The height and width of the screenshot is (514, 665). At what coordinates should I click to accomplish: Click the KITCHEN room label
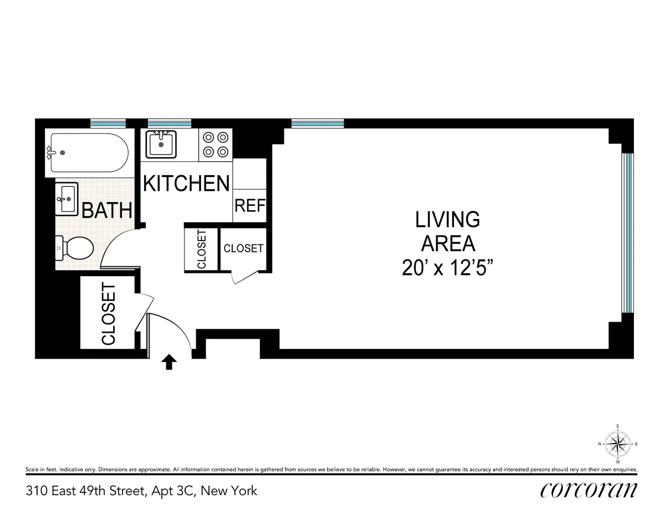point(186,183)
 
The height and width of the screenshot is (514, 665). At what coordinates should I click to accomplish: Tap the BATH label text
point(108,210)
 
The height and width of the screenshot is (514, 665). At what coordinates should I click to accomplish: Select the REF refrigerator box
point(250,206)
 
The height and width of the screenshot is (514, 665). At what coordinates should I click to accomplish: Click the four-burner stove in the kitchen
point(215,144)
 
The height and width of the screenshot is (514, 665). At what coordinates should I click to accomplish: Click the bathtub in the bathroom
point(89,152)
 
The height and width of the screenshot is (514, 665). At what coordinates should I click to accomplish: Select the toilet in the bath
point(74,248)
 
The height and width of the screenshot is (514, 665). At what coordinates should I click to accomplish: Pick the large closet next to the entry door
point(108,313)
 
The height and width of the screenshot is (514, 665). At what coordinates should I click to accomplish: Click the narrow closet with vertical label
point(201,249)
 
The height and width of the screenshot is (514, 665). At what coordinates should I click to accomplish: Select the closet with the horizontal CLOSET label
point(243,248)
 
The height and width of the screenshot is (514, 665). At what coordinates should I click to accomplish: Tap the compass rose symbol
point(618,444)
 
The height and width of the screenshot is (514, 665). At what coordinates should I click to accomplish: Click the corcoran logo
point(587,490)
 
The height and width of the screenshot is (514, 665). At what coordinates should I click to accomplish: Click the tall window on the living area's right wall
point(627,233)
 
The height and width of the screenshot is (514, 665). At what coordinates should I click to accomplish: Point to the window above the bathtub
point(108,123)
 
